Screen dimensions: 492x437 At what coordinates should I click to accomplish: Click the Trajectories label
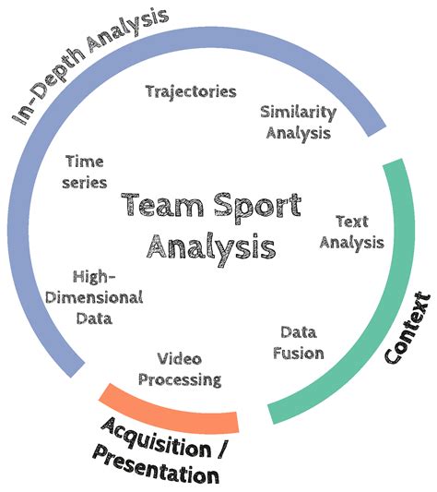pyautogui.click(x=191, y=91)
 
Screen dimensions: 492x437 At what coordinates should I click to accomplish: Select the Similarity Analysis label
pyautogui.click(x=297, y=122)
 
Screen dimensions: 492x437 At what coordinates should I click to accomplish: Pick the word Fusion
pyautogui.click(x=301, y=352)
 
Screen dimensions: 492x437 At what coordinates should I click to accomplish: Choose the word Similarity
pyautogui.click(x=297, y=113)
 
